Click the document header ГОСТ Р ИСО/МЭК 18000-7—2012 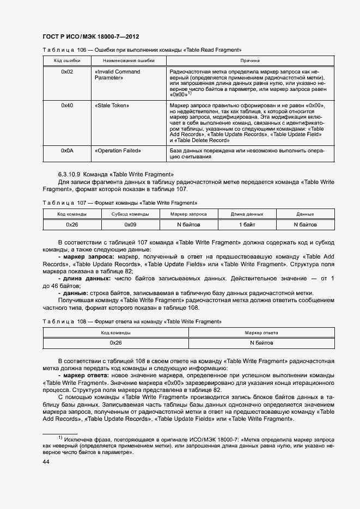[90, 36]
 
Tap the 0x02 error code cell [67, 72]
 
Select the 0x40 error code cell [67, 105]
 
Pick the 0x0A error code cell [67, 150]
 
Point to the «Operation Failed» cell [118, 150]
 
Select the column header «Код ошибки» [67, 60]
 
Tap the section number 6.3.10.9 [69, 174]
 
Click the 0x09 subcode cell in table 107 [130, 224]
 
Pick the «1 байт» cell [247, 224]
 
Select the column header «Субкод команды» [130, 214]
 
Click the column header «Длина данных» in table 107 [247, 214]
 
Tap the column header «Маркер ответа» [261, 333]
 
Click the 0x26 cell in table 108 [115, 343]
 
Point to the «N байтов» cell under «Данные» [305, 224]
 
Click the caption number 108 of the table [82, 322]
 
